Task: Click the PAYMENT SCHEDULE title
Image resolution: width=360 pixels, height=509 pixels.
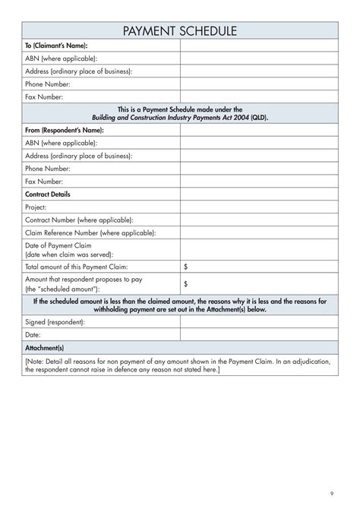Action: coord(179,30)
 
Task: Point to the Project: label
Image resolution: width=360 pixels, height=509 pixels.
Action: coord(36,207)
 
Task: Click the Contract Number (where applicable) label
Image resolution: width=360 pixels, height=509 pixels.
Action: coord(80,220)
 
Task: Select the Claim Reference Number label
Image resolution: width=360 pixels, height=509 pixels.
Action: coord(91,232)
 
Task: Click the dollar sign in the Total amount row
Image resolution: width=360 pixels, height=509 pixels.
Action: coord(186,267)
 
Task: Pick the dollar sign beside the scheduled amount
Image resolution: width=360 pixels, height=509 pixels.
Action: coord(186,284)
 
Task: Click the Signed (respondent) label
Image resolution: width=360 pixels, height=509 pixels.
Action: coord(55,322)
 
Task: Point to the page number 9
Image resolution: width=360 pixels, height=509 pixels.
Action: coord(331,491)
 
